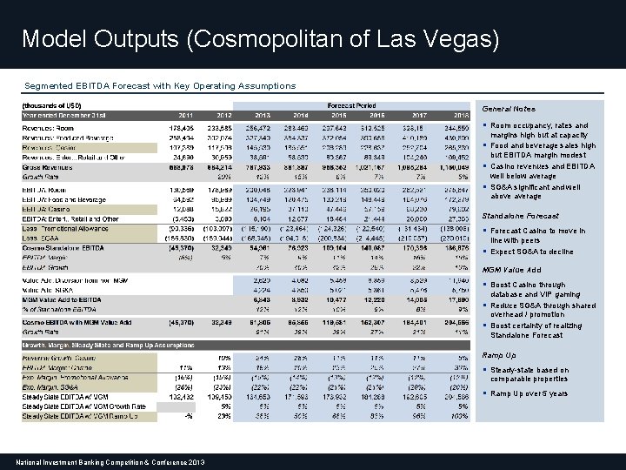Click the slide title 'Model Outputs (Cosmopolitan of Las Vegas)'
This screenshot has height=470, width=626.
260,39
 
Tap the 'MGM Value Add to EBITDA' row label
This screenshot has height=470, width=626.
63,299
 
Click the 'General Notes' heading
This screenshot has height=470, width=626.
508,110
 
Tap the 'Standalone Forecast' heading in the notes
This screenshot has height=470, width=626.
520,216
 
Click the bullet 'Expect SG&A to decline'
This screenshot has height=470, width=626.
532,252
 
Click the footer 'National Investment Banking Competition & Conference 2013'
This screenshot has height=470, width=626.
110,460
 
